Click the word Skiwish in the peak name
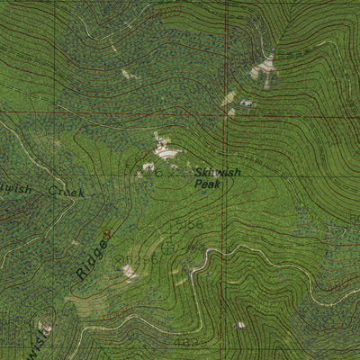coord(217,172)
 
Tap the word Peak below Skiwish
coord(207,184)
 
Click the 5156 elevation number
coord(190,222)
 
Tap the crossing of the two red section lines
coord(225,115)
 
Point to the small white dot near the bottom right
coord(239,324)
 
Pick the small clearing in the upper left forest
coord(126,73)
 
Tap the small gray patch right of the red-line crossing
coord(245,103)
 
